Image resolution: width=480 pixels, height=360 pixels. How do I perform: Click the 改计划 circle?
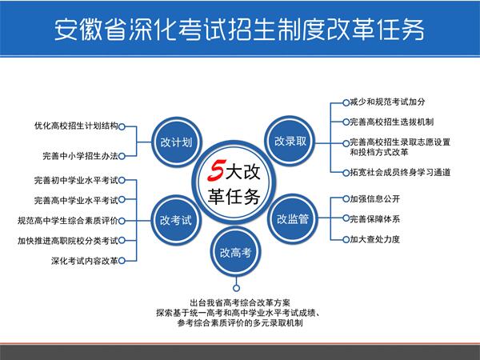(176, 142)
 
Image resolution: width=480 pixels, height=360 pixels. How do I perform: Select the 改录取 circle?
(290, 141)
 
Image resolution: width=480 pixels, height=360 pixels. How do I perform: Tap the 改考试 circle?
(176, 220)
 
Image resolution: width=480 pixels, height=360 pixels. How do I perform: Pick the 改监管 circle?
(292, 219)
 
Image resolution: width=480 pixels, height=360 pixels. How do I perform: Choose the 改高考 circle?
(235, 252)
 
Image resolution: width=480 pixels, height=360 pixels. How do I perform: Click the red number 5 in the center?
(217, 170)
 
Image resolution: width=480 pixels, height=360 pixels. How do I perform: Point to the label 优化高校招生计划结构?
(76, 126)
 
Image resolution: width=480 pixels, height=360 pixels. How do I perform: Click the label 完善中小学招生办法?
(80, 156)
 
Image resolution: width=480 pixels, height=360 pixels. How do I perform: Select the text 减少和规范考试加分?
(387, 102)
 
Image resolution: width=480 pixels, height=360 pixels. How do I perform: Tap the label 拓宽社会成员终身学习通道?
(400, 172)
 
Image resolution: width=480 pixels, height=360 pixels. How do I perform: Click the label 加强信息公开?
(375, 199)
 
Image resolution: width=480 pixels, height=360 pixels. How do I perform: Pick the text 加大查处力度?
(375, 239)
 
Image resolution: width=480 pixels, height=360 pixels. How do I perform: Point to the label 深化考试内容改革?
(85, 261)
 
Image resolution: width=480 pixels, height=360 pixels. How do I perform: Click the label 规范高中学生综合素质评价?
(68, 221)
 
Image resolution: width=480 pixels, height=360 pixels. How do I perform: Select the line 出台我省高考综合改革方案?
(240, 302)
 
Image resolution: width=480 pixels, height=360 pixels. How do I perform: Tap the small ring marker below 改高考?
(236, 288)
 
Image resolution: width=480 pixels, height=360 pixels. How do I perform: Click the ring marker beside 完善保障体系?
(346, 218)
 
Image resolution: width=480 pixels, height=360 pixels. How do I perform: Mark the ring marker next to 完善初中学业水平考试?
(122, 180)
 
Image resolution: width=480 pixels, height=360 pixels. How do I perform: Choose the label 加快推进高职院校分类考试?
(68, 241)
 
